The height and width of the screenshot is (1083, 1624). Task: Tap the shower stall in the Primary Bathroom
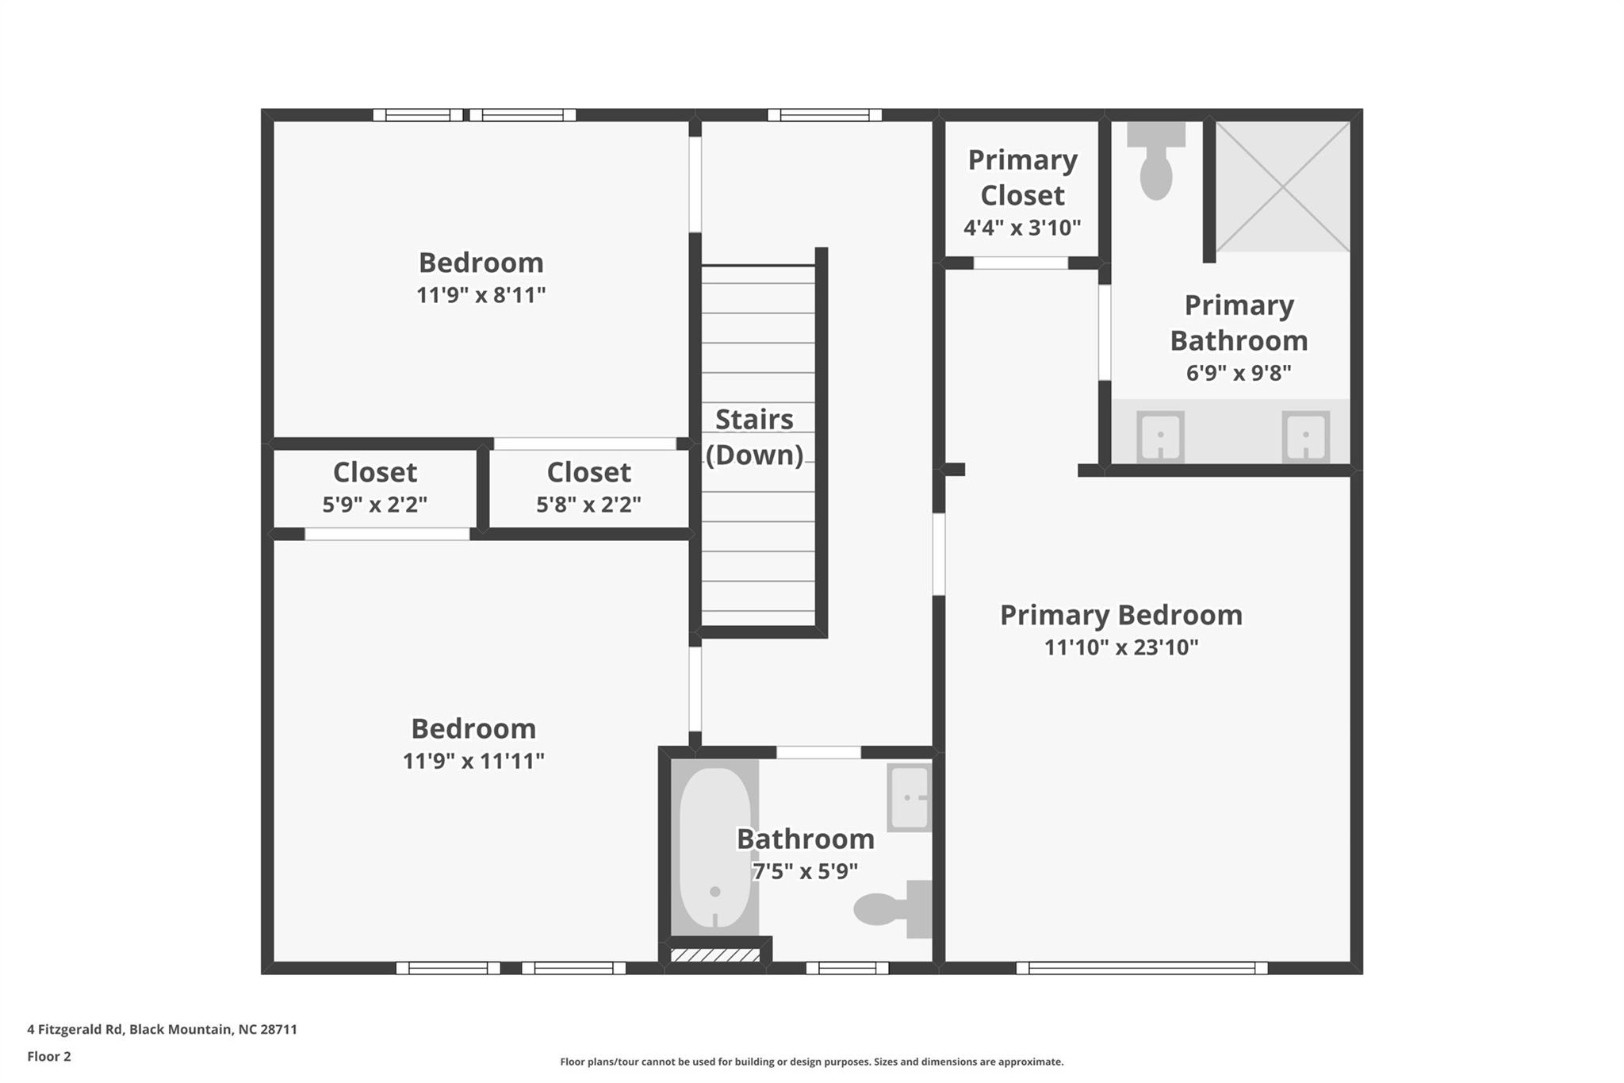pos(1282,187)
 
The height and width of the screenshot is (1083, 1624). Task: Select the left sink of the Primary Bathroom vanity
pos(1160,436)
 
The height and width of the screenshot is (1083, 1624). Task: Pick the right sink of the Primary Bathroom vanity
pos(1305,436)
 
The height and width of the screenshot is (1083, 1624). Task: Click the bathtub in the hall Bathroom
pos(714,847)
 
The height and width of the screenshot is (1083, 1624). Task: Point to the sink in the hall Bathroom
pos(909,797)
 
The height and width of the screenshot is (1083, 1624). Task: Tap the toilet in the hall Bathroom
pos(891,908)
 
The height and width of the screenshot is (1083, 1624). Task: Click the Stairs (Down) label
pos(754,437)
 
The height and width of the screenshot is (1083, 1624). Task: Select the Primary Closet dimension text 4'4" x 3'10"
pos(1022,229)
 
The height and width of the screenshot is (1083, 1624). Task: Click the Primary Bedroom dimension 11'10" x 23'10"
pos(1120,647)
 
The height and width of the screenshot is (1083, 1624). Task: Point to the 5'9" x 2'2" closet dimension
pos(374,505)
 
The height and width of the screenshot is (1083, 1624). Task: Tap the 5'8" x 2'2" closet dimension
pos(588,505)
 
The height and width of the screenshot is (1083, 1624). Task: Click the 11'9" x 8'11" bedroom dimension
pos(481,295)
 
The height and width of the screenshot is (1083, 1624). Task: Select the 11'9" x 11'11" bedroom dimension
pos(473,761)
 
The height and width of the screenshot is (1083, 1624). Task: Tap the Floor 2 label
pos(49,1056)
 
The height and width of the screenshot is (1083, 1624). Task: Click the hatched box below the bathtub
pos(715,955)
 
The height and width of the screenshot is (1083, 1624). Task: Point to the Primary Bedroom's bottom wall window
pos(1141,968)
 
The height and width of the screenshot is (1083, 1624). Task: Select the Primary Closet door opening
pos(1021,263)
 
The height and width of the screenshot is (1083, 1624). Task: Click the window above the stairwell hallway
pos(825,115)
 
